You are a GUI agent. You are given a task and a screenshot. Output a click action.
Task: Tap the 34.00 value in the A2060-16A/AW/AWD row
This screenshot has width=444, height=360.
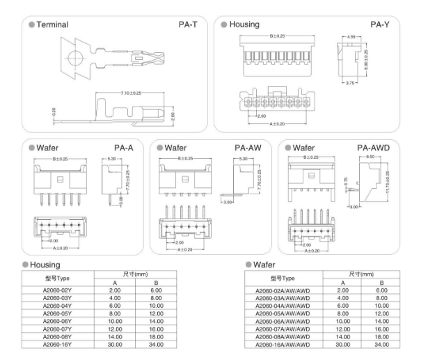381,343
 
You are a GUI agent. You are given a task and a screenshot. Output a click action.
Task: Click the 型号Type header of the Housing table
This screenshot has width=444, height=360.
63,278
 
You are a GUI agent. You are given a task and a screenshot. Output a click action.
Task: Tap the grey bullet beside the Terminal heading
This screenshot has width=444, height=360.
32,24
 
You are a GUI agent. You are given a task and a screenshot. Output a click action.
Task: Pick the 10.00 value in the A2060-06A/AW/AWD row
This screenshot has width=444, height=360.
342,320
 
